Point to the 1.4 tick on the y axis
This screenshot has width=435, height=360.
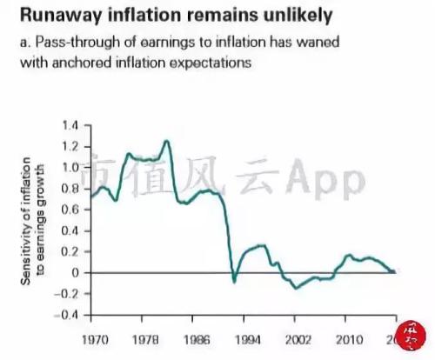point(70,124)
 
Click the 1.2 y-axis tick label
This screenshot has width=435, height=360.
point(70,146)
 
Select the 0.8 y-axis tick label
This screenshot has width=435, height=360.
point(70,188)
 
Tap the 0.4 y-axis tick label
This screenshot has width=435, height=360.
point(70,230)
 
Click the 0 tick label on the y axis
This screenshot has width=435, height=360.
point(76,272)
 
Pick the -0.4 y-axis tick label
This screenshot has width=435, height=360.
point(68,315)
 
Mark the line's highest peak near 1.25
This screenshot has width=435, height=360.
point(166,141)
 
